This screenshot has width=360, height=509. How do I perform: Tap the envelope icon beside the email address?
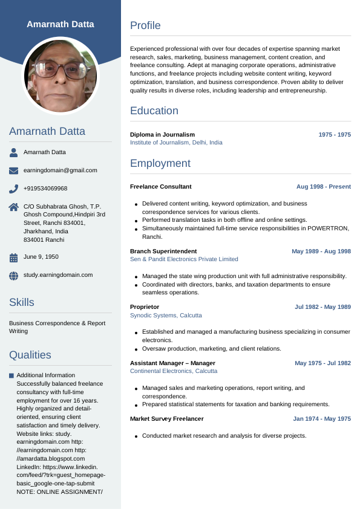point(14,170)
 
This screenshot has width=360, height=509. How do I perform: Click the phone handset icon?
point(14,189)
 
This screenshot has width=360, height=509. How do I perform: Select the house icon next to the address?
point(14,207)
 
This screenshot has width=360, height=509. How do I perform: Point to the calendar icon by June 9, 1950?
point(14,258)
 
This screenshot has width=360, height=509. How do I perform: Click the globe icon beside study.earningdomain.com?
point(14,276)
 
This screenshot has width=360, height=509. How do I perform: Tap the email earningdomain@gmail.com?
point(60,170)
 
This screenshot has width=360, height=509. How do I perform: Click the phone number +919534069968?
point(45,189)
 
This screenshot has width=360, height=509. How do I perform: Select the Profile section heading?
point(145,25)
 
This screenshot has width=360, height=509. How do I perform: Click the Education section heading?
point(154,111)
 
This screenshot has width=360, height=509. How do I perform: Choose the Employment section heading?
point(160,163)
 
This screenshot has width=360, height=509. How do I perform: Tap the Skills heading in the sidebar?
point(22,302)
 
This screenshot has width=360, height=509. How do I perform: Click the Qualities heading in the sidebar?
point(30,355)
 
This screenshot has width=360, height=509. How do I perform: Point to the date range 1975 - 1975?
point(335,135)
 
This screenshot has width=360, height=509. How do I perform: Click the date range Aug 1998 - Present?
point(323,187)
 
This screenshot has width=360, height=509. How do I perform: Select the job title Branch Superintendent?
point(163,251)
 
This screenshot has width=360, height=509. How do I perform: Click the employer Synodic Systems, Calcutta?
point(166,316)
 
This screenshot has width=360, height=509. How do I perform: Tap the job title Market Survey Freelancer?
point(166,419)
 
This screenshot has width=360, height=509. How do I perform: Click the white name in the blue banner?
point(61,24)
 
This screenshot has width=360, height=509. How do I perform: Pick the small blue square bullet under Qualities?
point(11,376)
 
